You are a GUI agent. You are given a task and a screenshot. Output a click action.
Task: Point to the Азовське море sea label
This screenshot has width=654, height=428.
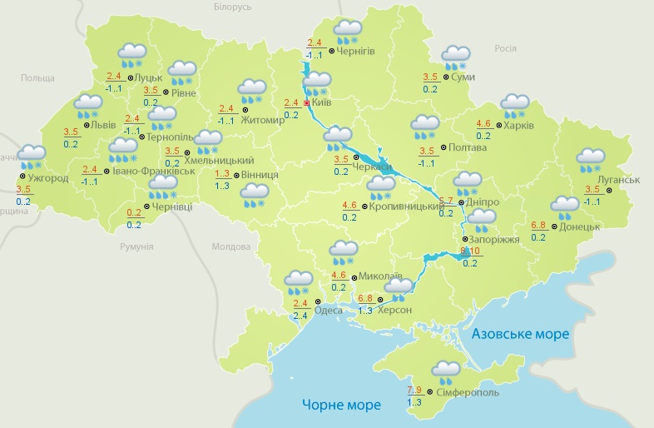click(520, 334)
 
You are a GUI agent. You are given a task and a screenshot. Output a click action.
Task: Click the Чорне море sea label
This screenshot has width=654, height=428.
click(341, 405)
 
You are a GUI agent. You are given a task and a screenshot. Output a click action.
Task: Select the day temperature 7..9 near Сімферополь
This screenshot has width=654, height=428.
click(414, 390)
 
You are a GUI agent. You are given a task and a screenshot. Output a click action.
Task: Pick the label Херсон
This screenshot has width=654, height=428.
click(394, 309)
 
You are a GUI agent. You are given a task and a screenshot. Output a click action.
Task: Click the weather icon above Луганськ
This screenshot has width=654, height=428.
click(590, 159)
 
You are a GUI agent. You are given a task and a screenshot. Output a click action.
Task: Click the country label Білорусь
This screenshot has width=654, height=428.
click(232, 7)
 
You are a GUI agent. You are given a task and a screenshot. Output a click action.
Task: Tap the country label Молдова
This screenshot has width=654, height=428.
click(230, 247)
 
